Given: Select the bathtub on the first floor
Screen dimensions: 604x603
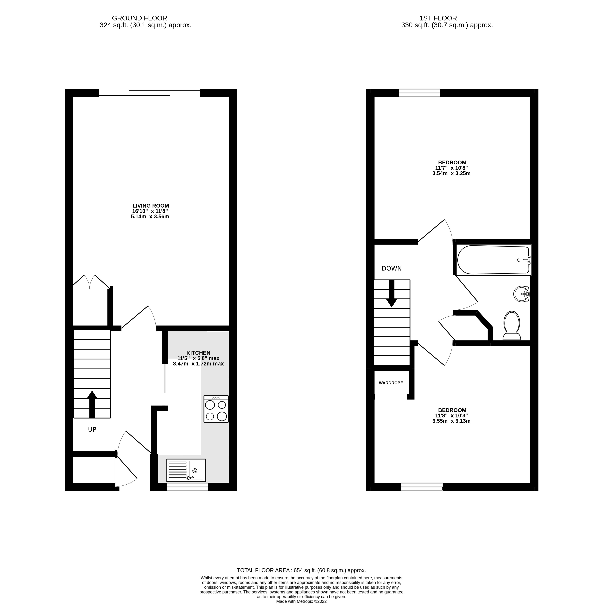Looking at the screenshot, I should click(493, 260).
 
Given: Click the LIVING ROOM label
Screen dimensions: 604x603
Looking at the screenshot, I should click(151, 206).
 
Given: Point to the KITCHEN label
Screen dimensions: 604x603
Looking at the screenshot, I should click(198, 353).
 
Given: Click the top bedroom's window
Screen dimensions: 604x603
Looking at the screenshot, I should click(419, 93).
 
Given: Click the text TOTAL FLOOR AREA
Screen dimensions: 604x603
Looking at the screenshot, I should click(263, 570).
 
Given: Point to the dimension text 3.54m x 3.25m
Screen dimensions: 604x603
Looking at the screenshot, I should click(451, 173).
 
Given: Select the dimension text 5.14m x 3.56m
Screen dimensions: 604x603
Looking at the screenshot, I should click(150, 216).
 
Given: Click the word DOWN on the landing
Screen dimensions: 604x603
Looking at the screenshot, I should click(392, 268).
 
